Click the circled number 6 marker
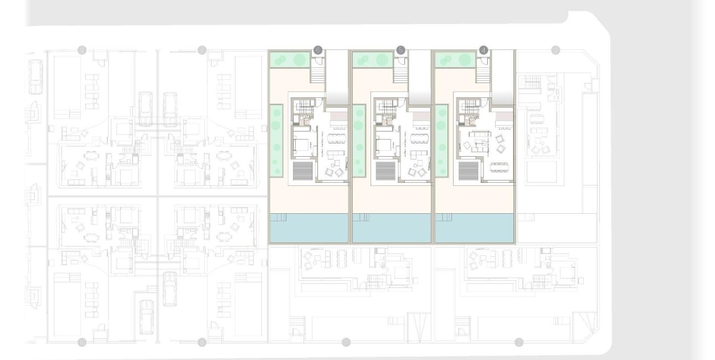317,50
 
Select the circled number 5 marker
400,50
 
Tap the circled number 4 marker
483,50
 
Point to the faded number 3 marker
555,50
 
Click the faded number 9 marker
83,50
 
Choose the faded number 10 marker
83,342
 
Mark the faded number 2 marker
519,342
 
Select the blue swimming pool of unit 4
475,228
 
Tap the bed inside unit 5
384,145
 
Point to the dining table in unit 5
419,137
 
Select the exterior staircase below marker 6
317,71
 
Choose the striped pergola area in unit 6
303,171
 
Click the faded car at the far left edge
36,77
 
